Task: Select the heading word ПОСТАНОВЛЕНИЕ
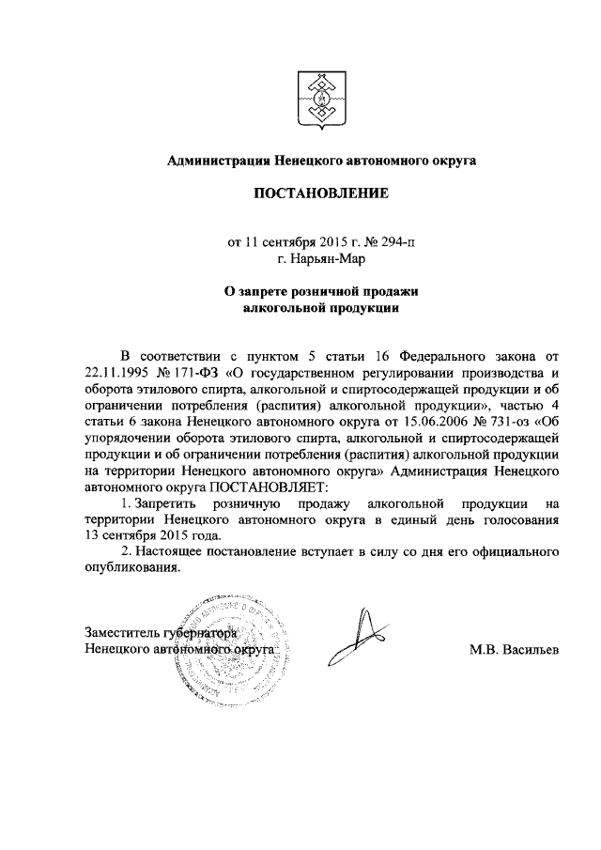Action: [320, 193]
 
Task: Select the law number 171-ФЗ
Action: [197, 374]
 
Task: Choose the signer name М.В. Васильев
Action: [513, 649]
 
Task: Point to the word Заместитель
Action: [121, 633]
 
